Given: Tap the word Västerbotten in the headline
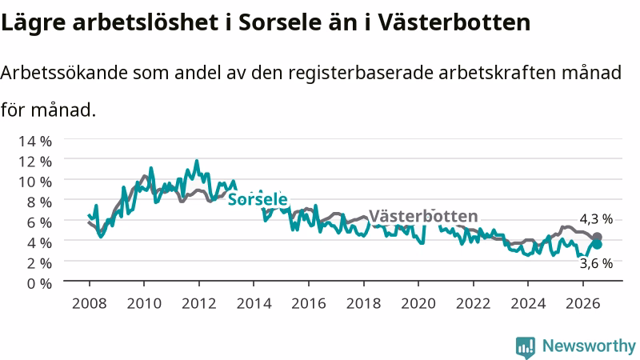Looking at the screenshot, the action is point(454,22).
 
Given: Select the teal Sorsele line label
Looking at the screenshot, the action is point(258,199).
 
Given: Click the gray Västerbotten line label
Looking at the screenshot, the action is point(423,215).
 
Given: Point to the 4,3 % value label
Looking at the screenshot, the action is point(596,219).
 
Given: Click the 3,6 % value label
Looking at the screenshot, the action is point(596,264).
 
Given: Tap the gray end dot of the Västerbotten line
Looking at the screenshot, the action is point(597,237).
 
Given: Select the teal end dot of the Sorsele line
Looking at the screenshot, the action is point(597,244).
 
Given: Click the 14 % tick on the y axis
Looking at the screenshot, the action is point(35,142).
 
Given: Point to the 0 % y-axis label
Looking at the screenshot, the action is point(39,283).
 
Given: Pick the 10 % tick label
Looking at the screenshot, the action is point(35,182).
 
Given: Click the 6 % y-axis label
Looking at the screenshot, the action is point(39,222).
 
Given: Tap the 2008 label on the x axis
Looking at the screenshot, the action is point(90,304).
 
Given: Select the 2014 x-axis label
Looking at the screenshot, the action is point(254,304).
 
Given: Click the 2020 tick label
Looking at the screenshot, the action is point(418,304).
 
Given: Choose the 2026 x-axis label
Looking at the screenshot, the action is point(583,304).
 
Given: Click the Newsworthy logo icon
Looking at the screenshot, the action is point(526,347).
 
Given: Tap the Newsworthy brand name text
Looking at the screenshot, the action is point(589,346).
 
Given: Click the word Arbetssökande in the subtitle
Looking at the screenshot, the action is point(64,73).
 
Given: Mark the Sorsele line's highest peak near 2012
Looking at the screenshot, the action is point(197,161).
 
